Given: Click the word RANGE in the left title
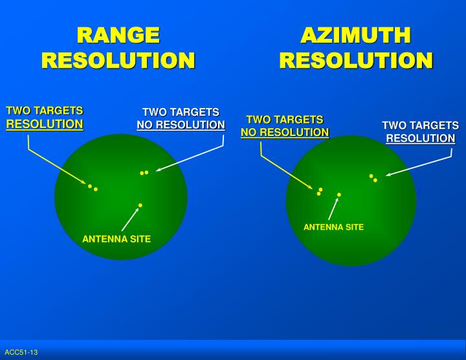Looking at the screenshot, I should pyautogui.click(x=118, y=35).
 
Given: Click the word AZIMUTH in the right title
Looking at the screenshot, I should pyautogui.click(x=355, y=35).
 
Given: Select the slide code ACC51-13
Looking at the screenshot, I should pyautogui.click(x=21, y=352).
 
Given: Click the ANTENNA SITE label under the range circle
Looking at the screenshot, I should pyautogui.click(x=116, y=239).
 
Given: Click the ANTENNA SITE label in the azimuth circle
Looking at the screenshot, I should pyautogui.click(x=333, y=227).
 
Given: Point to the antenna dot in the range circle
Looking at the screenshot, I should pyautogui.click(x=140, y=205).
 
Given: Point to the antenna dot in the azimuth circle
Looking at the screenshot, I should pyautogui.click(x=338, y=194).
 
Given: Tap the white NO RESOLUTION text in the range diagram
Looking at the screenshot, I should pyautogui.click(x=181, y=125).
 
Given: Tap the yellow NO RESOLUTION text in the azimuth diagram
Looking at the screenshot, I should pyautogui.click(x=285, y=133).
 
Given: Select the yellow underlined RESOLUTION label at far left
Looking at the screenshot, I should pyautogui.click(x=45, y=124).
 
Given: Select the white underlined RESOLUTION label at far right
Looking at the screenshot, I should pyautogui.click(x=420, y=139).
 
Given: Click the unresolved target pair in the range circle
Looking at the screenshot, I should pyautogui.click(x=144, y=173).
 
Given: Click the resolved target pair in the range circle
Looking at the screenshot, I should pyautogui.click(x=93, y=188).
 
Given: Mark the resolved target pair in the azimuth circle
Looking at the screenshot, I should pyautogui.click(x=373, y=177).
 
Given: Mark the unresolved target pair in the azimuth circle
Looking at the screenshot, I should pyautogui.click(x=320, y=192).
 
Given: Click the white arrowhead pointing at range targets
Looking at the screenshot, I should pyautogui.click(x=159, y=170).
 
